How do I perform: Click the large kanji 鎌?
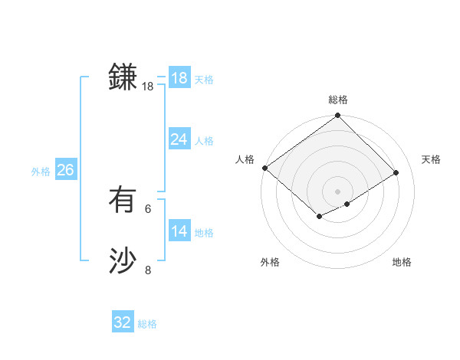[x=123, y=78]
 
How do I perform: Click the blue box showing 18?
[x=179, y=78]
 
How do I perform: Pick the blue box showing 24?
[x=179, y=139]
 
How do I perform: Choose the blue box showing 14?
[x=179, y=231]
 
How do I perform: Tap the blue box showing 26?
[x=65, y=170]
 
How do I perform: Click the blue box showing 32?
[x=123, y=322]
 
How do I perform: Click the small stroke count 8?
[x=148, y=270]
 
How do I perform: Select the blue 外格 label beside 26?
[x=41, y=172]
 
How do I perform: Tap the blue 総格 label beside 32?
[x=147, y=324]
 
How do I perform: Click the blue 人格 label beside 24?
[x=204, y=141]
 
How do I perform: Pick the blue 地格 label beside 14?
[x=204, y=233]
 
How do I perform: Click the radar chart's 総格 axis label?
[x=338, y=100]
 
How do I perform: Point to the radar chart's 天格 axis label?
[x=432, y=159]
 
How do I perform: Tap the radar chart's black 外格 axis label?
[x=270, y=263]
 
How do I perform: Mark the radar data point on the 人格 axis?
[x=264, y=168]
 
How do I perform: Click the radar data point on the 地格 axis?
[x=347, y=204]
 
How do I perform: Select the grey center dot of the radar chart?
[x=337, y=191]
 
